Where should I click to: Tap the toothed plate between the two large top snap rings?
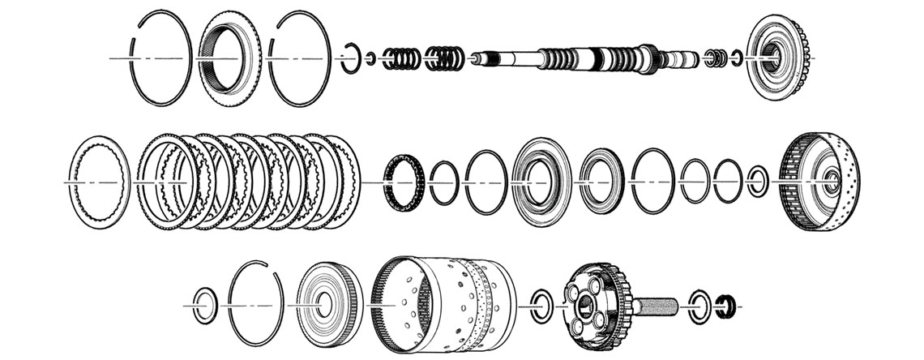[x=229, y=58]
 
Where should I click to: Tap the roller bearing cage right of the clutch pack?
[x=404, y=182]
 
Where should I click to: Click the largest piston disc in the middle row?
[x=541, y=182]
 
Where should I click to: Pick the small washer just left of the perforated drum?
[x=758, y=182]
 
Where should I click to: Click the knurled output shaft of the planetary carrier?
[x=657, y=307]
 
